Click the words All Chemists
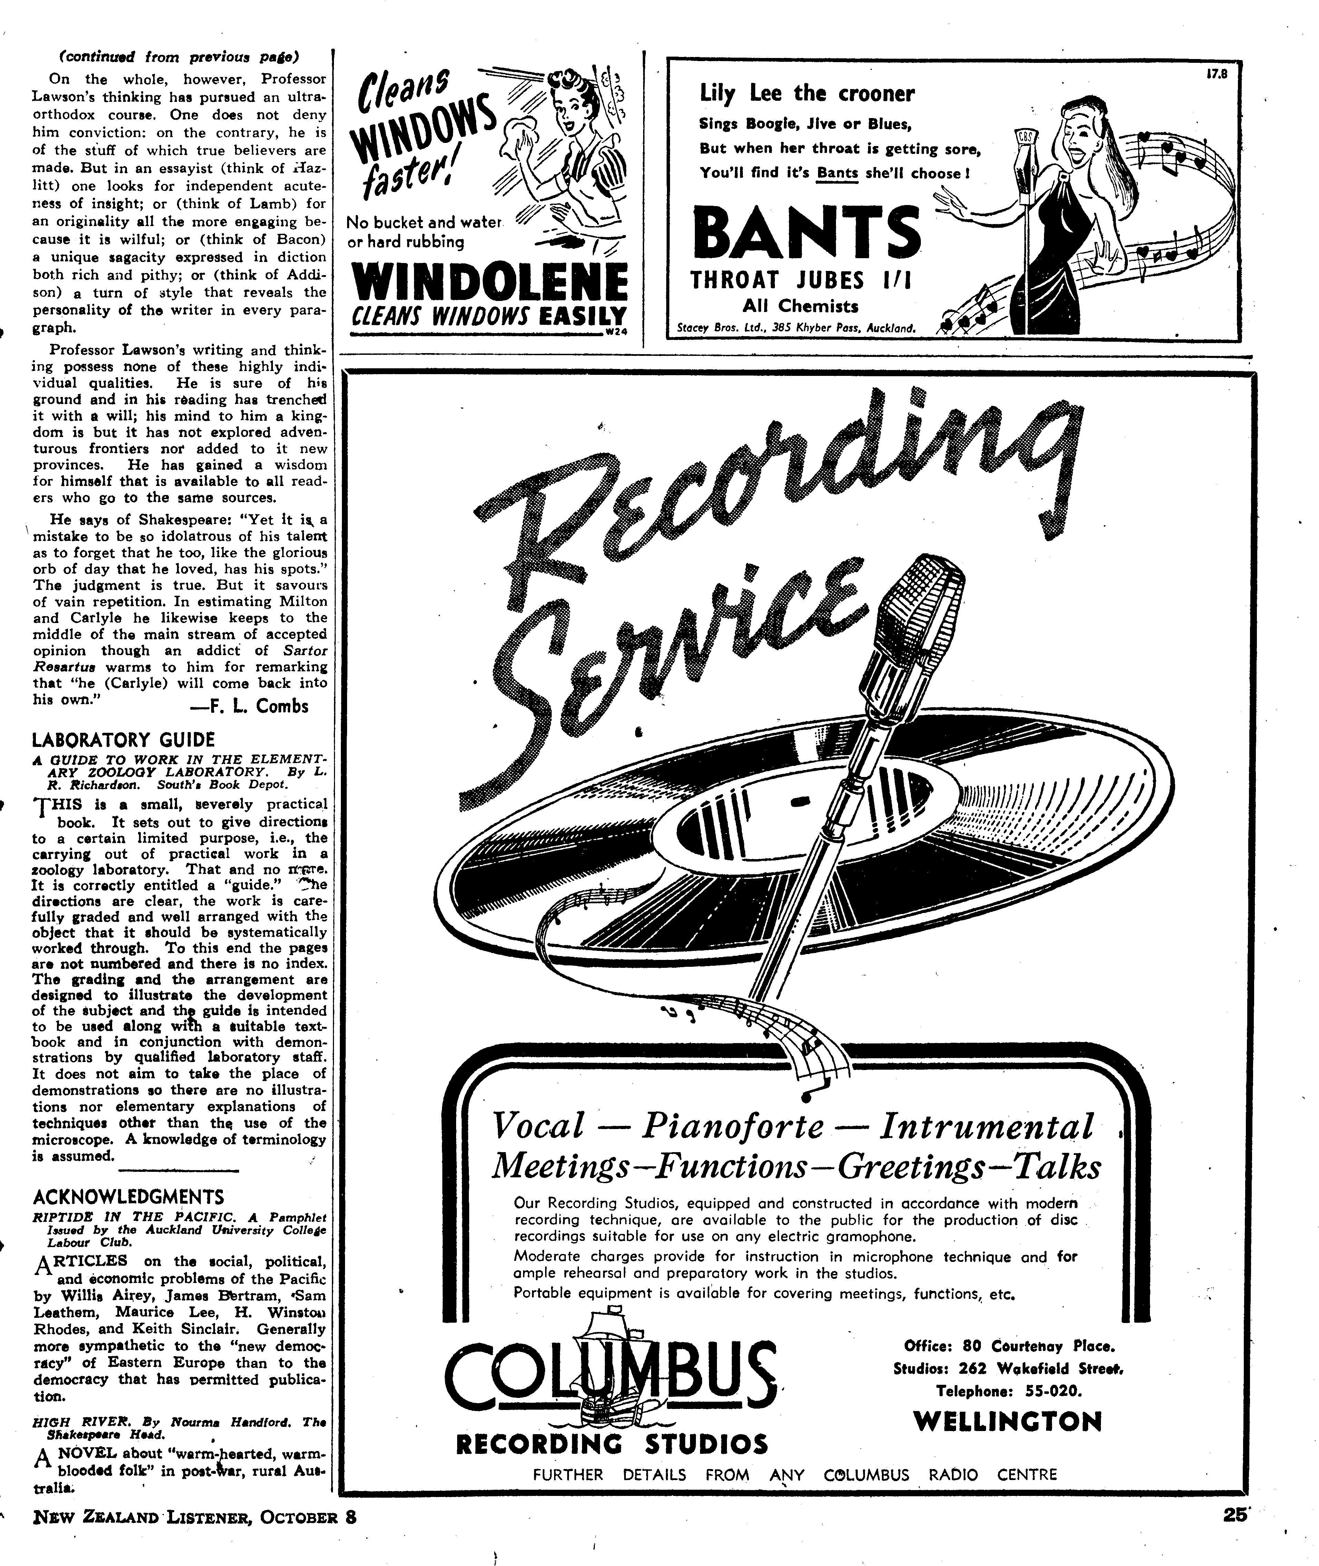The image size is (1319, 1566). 800,306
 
